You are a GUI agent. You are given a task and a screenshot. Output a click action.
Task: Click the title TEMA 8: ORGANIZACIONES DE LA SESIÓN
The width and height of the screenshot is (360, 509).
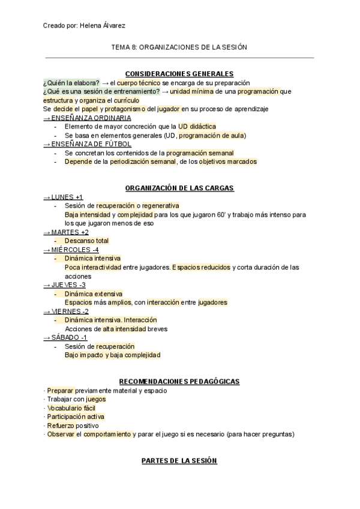pyautogui.click(x=179, y=47)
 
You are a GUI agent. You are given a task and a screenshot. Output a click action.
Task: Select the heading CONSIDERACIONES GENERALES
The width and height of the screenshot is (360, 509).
pyautogui.click(x=179, y=74)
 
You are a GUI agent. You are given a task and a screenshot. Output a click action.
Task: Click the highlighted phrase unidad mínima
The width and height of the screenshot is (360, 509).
pyautogui.click(x=192, y=91)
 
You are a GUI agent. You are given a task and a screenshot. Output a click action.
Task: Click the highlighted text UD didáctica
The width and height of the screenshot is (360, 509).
pyautogui.click(x=197, y=127)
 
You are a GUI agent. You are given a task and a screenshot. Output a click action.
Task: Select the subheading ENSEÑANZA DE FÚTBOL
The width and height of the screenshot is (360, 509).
pyautogui.click(x=80, y=144)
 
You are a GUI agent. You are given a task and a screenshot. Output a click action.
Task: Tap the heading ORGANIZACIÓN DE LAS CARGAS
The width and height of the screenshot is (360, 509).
pyautogui.click(x=179, y=188)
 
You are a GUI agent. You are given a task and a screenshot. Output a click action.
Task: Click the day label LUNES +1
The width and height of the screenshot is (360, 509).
pyautogui.click(x=63, y=197)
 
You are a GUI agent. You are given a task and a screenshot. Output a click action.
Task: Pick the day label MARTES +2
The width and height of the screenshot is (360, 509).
pyautogui.click(x=66, y=232)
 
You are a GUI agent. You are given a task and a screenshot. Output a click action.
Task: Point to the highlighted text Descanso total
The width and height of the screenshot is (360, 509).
pyautogui.click(x=86, y=241)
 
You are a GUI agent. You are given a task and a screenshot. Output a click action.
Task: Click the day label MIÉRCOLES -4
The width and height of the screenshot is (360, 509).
pyautogui.click(x=71, y=249)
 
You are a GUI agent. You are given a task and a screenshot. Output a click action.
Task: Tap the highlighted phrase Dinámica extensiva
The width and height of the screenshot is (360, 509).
pyautogui.click(x=93, y=294)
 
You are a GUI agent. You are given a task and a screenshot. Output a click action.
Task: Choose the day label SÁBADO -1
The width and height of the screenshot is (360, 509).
pyautogui.click(x=65, y=337)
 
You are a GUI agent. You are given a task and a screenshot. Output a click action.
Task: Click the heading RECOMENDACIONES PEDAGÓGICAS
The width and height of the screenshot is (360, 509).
pyautogui.click(x=179, y=381)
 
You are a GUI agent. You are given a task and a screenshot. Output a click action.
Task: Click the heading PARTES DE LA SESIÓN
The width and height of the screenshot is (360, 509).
pyautogui.click(x=179, y=460)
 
